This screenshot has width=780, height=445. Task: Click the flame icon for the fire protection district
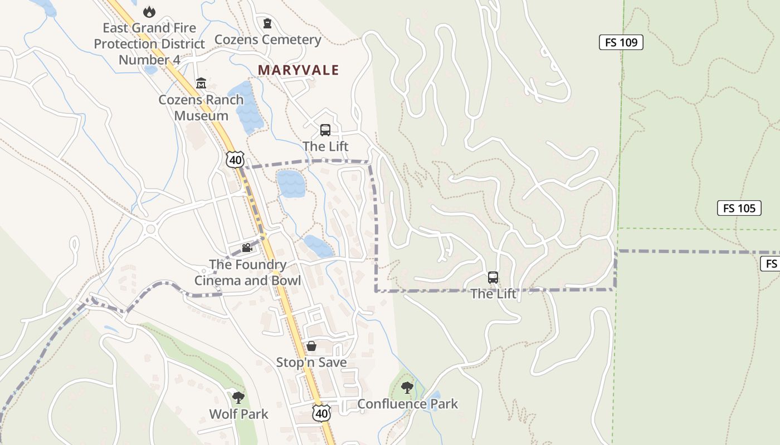click(x=149, y=12)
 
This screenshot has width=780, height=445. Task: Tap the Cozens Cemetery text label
click(x=267, y=39)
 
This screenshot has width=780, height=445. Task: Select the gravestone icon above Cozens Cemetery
click(x=267, y=23)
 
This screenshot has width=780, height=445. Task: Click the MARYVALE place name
click(x=298, y=70)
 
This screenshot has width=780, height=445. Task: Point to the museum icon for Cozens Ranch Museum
click(x=201, y=83)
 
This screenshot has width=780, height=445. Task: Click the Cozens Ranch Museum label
click(x=201, y=108)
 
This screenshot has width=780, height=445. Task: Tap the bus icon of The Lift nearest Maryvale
click(x=325, y=130)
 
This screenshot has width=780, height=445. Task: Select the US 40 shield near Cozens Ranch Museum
click(x=235, y=160)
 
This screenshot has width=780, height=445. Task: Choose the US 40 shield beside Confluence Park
click(x=321, y=413)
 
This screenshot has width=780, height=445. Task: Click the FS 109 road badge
click(x=621, y=42)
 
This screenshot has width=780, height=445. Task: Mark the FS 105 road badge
click(x=739, y=208)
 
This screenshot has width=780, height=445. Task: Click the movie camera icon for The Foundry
click(x=247, y=248)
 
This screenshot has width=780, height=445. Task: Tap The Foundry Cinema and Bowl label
click(x=247, y=273)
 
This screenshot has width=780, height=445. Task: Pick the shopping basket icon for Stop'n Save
click(x=311, y=347)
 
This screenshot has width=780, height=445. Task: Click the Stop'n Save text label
click(x=311, y=363)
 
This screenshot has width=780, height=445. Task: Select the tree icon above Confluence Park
click(x=407, y=388)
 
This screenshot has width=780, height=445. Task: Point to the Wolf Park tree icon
click(x=238, y=397)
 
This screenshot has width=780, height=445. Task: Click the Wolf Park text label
click(x=238, y=414)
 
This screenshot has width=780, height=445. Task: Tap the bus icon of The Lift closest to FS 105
click(x=493, y=277)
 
